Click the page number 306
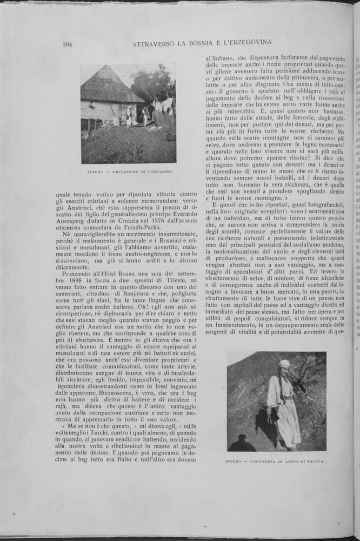[x=68, y=45]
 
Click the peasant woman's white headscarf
[x=284, y=364]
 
